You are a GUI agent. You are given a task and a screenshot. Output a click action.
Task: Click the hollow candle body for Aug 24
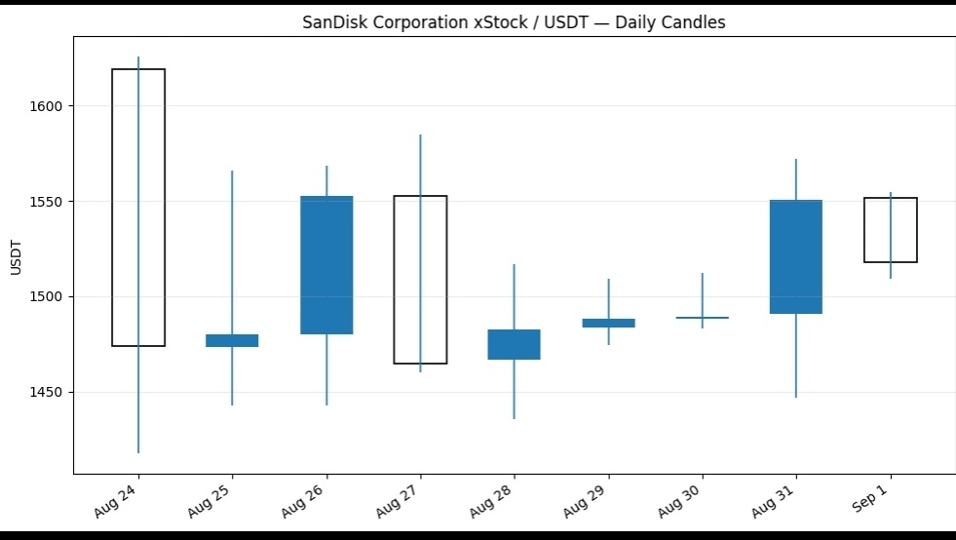113,208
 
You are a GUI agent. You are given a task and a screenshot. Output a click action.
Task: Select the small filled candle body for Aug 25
232,340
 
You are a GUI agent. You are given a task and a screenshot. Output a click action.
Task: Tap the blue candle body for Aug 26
326,265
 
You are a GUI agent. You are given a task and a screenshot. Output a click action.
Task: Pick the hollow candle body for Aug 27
395,280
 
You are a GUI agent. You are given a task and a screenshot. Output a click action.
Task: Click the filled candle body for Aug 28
514,345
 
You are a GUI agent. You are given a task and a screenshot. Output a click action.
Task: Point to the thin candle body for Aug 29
608,323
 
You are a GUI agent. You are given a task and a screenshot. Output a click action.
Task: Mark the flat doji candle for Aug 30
703,318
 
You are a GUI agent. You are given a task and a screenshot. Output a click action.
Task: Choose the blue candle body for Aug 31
795,257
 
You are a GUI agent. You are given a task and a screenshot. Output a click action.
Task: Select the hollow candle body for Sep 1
865,230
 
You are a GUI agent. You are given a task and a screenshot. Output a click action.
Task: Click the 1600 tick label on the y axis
46,106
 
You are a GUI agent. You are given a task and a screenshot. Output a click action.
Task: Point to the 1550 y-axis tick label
46,202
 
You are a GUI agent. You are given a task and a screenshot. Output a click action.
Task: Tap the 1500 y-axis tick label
46,297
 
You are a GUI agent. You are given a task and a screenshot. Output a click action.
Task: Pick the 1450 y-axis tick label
46,393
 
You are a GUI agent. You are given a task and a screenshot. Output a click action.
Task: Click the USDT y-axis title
16,257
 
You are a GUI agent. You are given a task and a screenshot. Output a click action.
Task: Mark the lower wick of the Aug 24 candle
138,400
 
